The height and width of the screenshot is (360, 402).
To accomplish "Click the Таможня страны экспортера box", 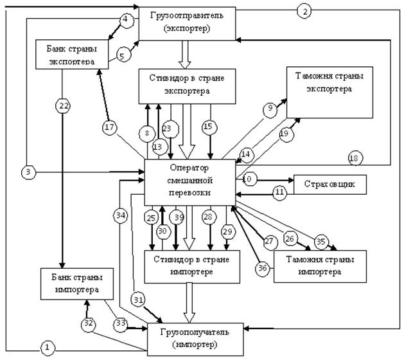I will point(330,93).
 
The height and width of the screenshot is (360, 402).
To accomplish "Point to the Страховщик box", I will point(329,185).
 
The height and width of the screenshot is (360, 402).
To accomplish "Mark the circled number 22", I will point(62,107).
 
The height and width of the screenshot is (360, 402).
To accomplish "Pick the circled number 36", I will point(261,268).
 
